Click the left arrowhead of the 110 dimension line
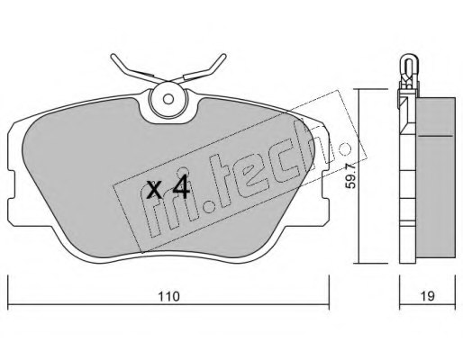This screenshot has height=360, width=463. pyautogui.click(x=13, y=280)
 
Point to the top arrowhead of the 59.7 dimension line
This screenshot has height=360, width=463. pyautogui.click(x=358, y=91)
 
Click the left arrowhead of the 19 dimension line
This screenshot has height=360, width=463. pyautogui.click(x=402, y=280)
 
